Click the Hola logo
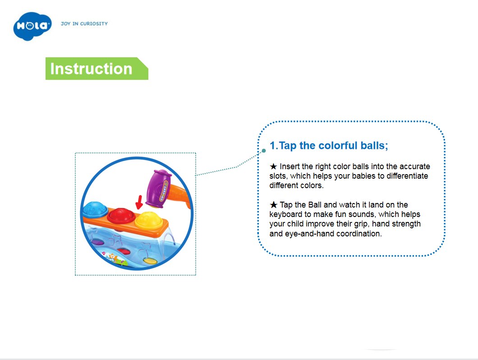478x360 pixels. (x=32, y=26)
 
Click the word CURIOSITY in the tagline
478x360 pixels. (x=94, y=23)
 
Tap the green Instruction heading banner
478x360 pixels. (x=97, y=69)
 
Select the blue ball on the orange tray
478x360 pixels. (x=95, y=209)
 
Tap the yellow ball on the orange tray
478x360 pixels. (x=149, y=220)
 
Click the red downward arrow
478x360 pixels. (x=139, y=202)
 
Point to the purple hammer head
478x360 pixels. (x=159, y=189)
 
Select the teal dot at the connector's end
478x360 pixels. (x=264, y=151)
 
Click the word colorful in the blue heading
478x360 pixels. (x=338, y=146)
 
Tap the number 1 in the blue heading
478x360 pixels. (x=273, y=146)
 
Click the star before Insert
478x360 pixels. (x=273, y=166)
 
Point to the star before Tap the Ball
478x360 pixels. (x=273, y=205)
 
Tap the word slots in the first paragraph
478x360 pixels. (x=278, y=176)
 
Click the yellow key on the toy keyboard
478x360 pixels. (x=150, y=261)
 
